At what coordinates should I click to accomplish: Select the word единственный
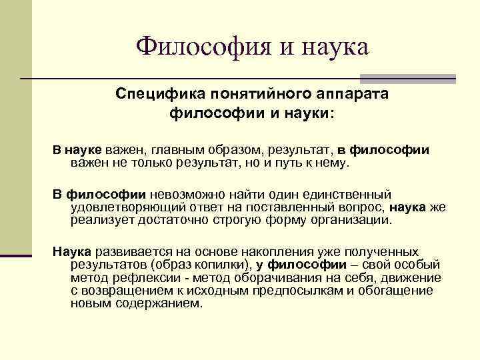coord(352,195)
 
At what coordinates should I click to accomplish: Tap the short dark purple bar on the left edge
coord(16,255)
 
